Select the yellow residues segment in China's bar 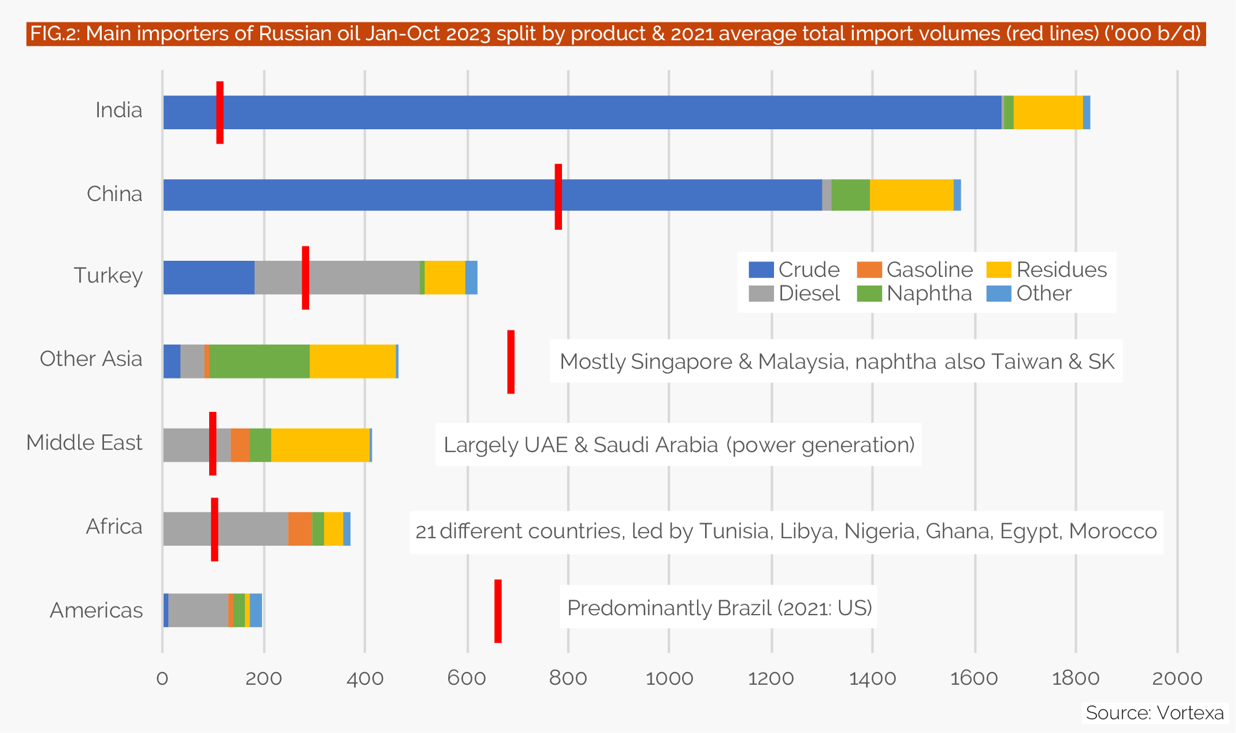(911, 195)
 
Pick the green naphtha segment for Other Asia (259, 361)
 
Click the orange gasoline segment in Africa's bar (300, 528)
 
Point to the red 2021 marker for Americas (498, 611)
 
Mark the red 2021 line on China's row (558, 196)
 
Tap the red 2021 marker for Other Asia (511, 362)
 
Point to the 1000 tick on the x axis (669, 678)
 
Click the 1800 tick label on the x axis (1075, 678)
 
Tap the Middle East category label (84, 443)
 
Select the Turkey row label (108, 276)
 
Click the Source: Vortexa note (1154, 713)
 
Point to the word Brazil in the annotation (745, 608)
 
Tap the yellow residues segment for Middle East (320, 445)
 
